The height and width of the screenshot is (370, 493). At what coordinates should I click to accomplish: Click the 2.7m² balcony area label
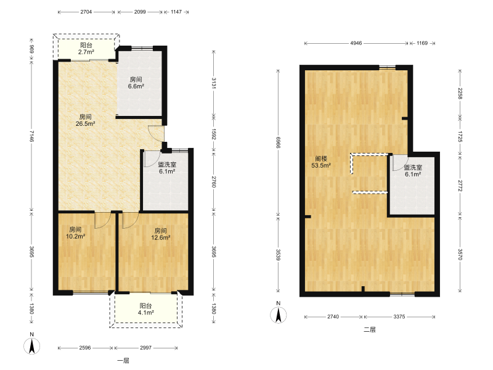(x=86, y=49)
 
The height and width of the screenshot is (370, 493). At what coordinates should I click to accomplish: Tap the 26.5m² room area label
(x=85, y=120)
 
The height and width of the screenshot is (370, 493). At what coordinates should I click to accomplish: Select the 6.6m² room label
(x=136, y=83)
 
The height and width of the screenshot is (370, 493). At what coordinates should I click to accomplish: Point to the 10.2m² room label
(x=75, y=233)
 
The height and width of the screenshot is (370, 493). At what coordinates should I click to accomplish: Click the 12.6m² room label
(x=161, y=234)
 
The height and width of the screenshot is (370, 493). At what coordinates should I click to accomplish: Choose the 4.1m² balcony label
(x=145, y=309)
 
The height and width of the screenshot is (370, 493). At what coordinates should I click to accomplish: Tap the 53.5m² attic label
(x=321, y=162)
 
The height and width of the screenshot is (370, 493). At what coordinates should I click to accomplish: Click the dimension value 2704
(x=86, y=12)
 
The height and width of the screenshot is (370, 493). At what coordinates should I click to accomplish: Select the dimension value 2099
(x=140, y=12)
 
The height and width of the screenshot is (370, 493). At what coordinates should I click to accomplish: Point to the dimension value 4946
(x=356, y=43)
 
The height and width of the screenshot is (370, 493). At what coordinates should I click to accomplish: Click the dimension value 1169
(x=422, y=43)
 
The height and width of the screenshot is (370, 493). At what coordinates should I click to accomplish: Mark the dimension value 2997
(x=145, y=348)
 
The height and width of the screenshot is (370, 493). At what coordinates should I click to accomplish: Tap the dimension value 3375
(x=399, y=316)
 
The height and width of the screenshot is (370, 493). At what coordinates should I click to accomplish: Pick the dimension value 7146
(x=31, y=136)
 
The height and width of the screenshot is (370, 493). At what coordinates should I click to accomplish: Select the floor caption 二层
(x=369, y=330)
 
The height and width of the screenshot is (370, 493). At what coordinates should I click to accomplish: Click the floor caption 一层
(x=123, y=361)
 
